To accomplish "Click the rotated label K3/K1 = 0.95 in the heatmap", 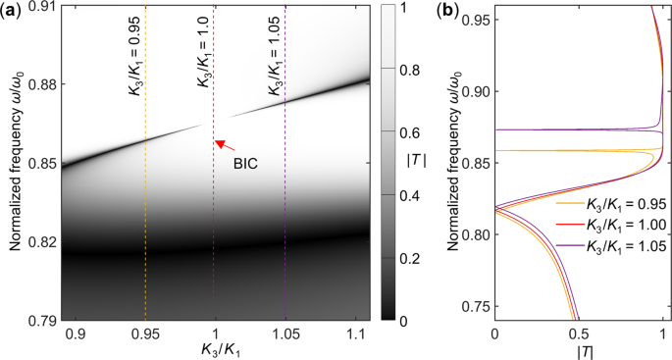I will click(x=133, y=67).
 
